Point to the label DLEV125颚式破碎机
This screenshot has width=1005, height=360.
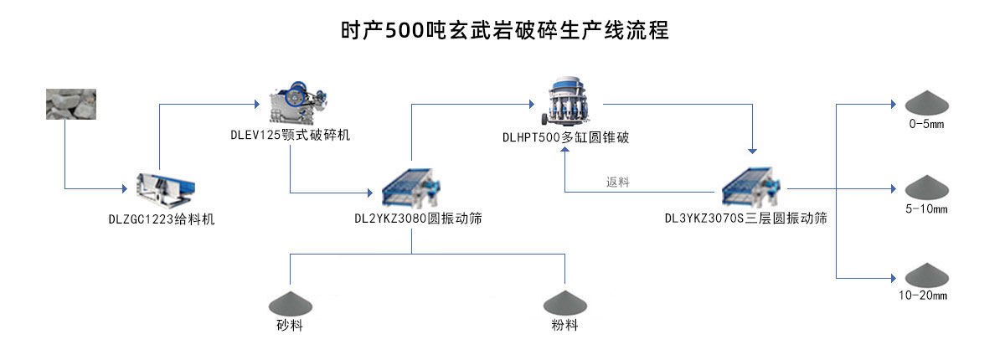click(291, 135)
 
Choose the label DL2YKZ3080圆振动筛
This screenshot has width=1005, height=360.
click(417, 219)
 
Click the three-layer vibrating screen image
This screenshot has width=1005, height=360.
click(752, 187)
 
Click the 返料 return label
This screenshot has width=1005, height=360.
click(618, 182)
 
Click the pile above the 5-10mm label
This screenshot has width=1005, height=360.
click(925, 187)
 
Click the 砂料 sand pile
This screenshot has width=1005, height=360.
click(289, 303)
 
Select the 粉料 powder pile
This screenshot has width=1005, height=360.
click(565, 303)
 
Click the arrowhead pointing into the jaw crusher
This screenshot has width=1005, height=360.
click(255, 105)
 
